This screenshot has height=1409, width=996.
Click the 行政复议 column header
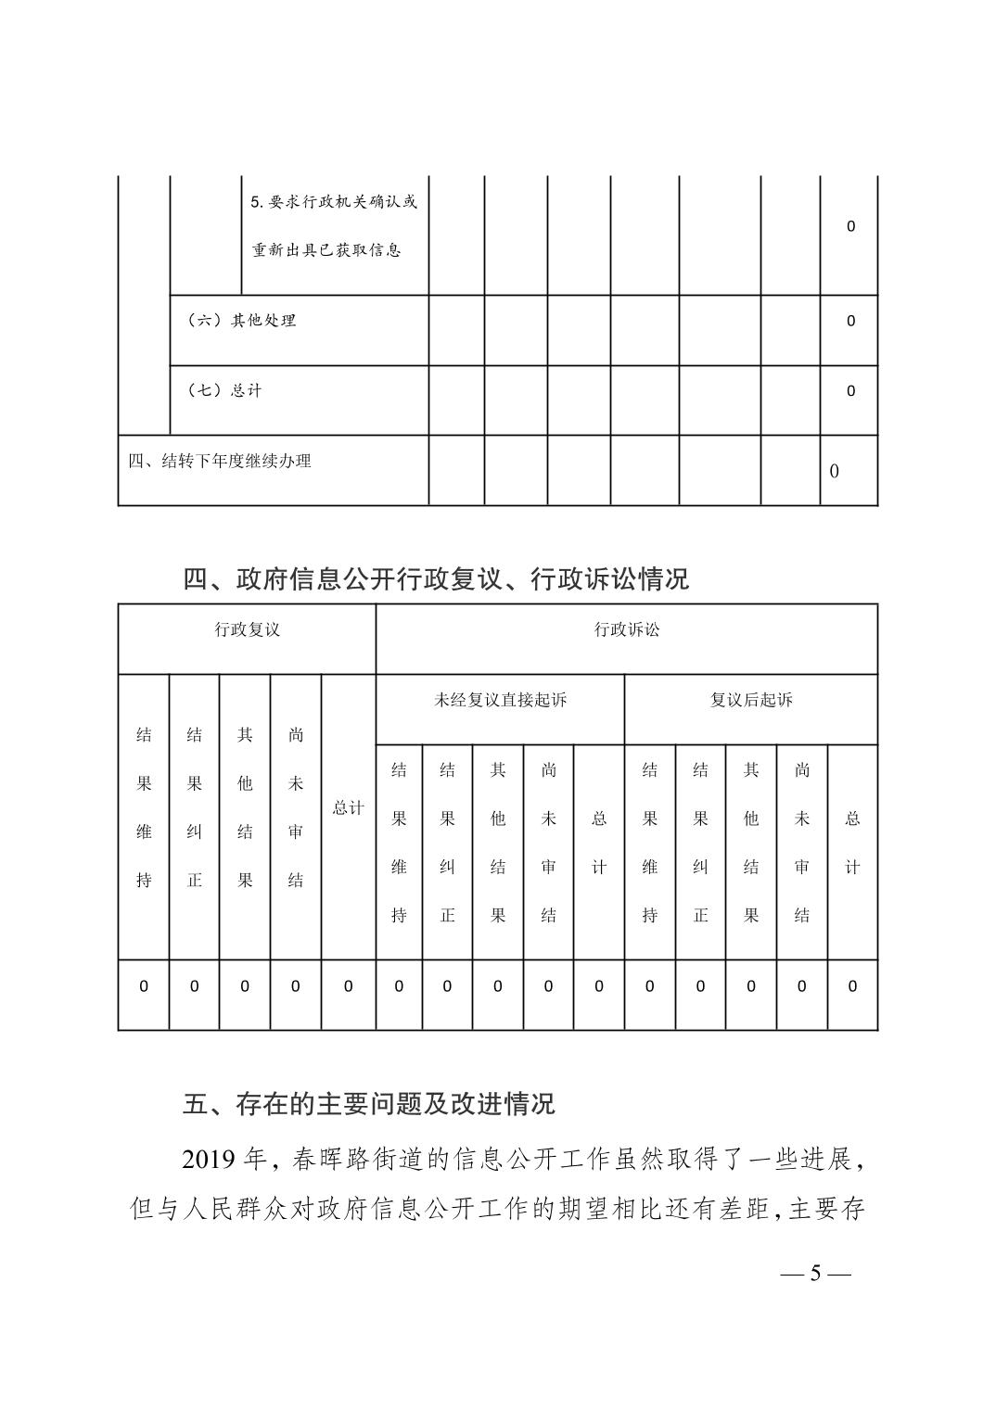tap(248, 630)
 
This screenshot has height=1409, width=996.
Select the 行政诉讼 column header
tap(627, 630)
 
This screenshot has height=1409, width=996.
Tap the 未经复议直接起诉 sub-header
tap(500, 701)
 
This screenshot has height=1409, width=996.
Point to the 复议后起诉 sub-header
tap(751, 701)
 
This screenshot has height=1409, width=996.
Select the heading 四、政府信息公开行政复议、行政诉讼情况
tap(436, 579)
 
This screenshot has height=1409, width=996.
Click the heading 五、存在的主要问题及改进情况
tap(369, 1104)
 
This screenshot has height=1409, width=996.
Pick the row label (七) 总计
tap(225, 391)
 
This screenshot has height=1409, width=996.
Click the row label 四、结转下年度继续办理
tap(220, 461)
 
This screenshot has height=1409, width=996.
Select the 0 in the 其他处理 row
tap(850, 322)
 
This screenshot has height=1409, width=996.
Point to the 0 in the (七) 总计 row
tap(850, 391)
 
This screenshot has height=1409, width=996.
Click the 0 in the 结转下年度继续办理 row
tap(835, 471)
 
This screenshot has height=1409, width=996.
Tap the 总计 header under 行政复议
tap(349, 807)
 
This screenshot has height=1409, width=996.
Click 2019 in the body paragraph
tap(210, 1159)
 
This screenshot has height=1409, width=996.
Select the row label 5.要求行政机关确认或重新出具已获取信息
tap(335, 226)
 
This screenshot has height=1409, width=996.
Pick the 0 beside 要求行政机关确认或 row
tap(850, 226)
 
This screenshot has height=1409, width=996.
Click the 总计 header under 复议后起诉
tap(852, 843)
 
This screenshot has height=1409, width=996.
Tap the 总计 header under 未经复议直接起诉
tap(599, 843)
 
